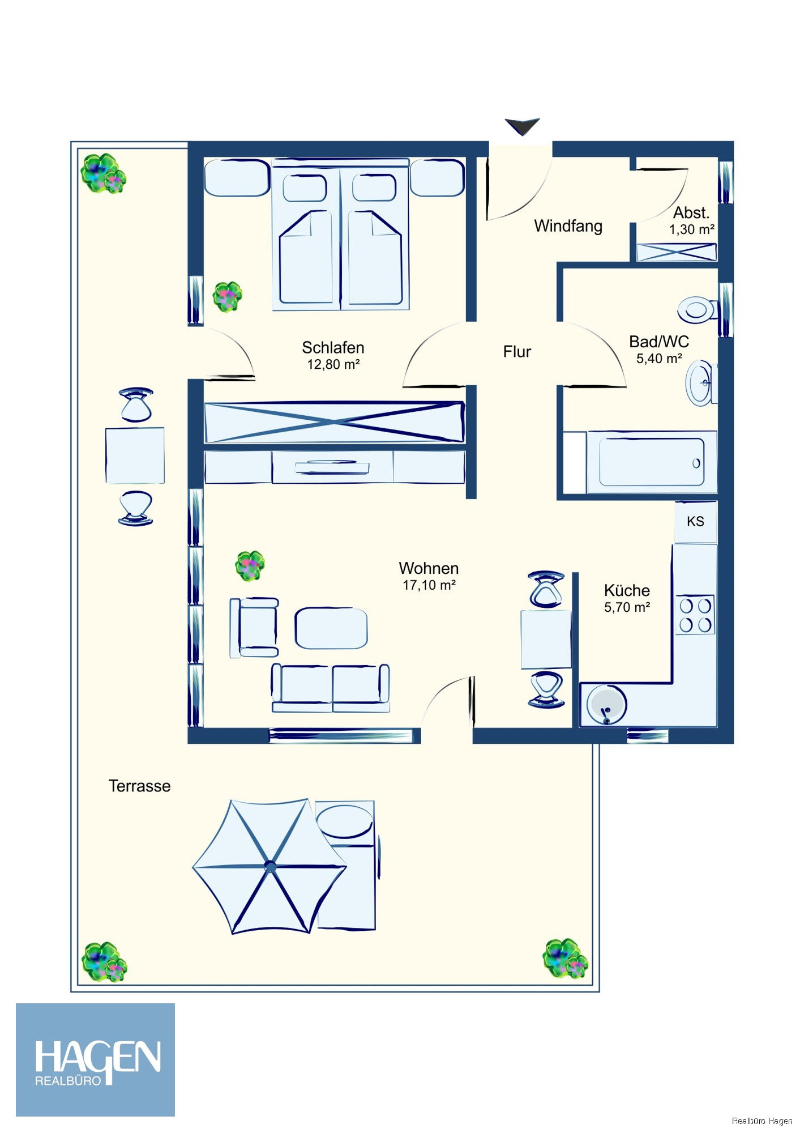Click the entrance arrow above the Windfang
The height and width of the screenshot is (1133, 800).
pos(522,126)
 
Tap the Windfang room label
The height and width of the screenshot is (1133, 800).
pos(568,226)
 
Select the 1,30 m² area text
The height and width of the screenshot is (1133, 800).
pos(691,230)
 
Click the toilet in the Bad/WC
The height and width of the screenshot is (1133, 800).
pos(696,310)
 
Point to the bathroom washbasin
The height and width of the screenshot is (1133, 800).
pos(701,383)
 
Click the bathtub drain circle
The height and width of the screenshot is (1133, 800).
pos(696,463)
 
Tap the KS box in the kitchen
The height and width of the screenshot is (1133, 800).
pos(695,521)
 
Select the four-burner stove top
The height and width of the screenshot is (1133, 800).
pos(695,615)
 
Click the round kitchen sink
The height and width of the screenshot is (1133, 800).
pos(606,705)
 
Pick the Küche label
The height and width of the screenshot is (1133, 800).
pos(627,590)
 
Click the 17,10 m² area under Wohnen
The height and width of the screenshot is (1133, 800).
pos(429,585)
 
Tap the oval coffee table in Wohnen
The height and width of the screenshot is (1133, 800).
pos(331,628)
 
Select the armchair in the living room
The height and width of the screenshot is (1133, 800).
pos(255,627)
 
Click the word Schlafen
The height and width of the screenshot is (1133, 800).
pos(333,347)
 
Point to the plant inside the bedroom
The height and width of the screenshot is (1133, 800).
pos(228,296)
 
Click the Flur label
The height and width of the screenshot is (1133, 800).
pos(517,352)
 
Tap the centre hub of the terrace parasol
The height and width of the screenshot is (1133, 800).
pos(270,866)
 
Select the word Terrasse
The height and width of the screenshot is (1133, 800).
pos(139,786)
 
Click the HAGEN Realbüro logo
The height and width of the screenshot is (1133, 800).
pos(95,1059)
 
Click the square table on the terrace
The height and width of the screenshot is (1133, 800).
pos(135,455)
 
